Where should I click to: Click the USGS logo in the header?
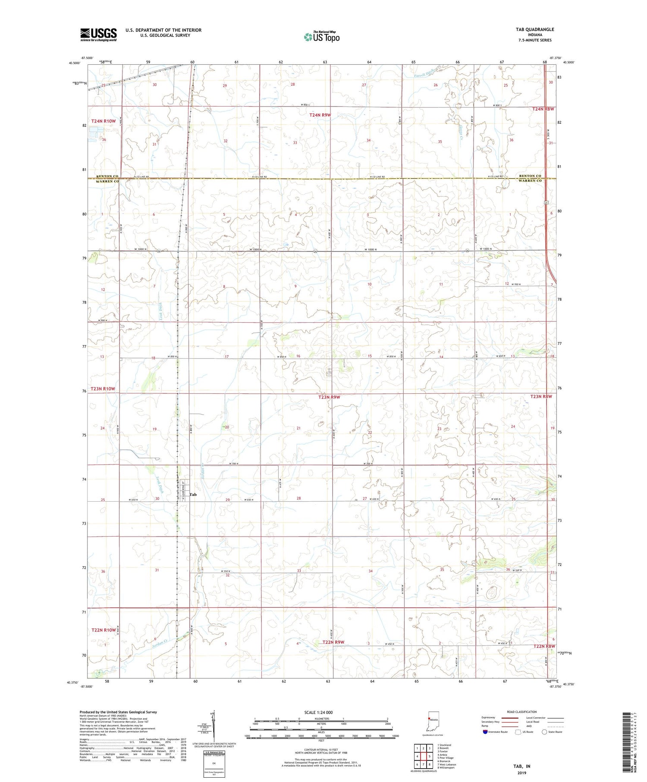[x=98, y=35]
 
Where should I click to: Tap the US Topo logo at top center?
[x=321, y=37]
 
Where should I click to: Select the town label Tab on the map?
[x=193, y=494]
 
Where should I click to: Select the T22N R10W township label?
[x=104, y=630]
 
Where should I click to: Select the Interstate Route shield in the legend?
[x=486, y=732]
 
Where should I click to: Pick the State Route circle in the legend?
[x=544, y=732]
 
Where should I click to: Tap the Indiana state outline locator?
[x=433, y=721]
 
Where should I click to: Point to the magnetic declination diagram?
[x=212, y=725]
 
